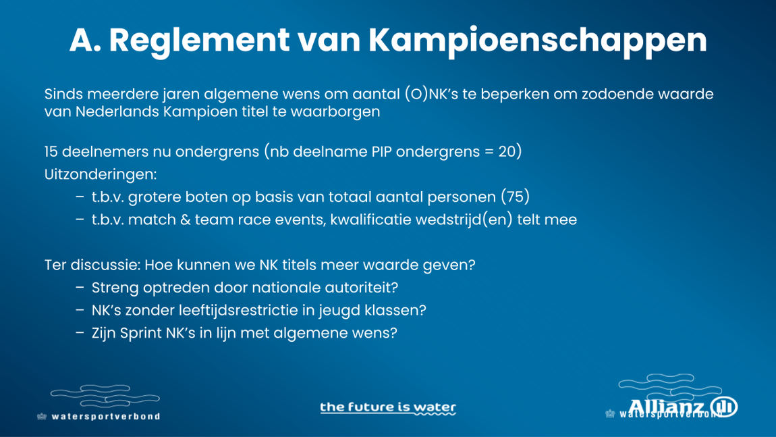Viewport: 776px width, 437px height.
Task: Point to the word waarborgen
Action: click(335, 111)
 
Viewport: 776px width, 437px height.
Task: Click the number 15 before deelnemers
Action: click(51, 151)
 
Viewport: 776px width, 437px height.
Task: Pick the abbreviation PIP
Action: click(381, 151)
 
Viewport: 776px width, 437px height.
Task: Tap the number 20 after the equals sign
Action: click(507, 151)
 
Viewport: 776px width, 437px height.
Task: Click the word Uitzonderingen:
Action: click(101, 174)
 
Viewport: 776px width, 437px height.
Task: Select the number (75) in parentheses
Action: click(515, 197)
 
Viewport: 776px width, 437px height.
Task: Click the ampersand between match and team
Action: click(185, 220)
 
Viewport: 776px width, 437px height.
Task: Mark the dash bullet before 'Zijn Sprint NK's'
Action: click(80, 332)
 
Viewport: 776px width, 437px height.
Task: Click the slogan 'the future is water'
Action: click(388, 408)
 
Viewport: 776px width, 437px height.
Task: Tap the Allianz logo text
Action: click(667, 407)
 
